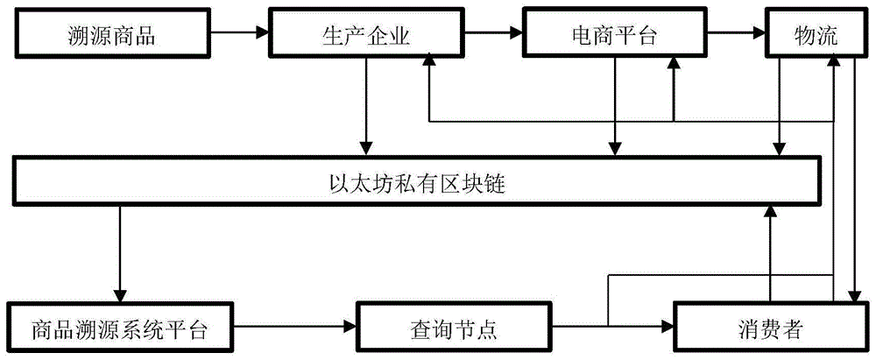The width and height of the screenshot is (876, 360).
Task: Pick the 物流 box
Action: [x=816, y=35]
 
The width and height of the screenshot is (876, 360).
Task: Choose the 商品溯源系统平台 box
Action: [x=119, y=329]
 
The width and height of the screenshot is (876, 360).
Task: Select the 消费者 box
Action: [x=771, y=329]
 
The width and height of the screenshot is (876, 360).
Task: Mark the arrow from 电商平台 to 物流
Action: [x=735, y=35]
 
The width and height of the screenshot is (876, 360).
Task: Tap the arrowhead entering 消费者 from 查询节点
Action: [x=666, y=329]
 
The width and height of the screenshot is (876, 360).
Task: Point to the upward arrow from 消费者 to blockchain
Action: [x=770, y=254]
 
